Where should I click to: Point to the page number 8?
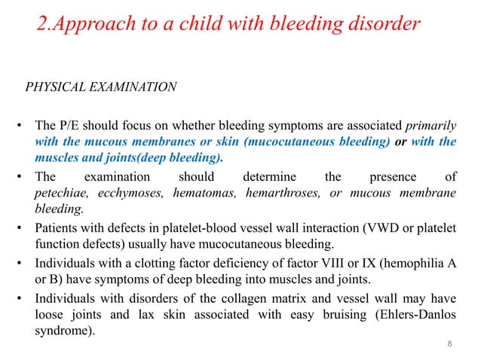point(450,345)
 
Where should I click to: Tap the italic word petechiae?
point(65,194)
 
